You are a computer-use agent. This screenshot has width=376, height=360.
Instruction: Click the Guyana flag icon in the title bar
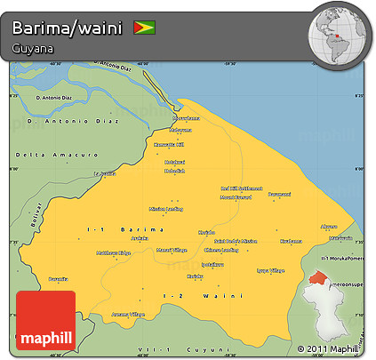(142, 27)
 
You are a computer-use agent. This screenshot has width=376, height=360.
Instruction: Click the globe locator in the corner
(340, 35)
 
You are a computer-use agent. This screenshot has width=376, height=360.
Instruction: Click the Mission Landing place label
(166, 209)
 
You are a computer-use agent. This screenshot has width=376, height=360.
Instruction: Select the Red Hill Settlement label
(241, 188)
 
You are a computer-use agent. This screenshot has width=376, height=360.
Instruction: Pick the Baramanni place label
(280, 193)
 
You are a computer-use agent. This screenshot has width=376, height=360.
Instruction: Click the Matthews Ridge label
(114, 253)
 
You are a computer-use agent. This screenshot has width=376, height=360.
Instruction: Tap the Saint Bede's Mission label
(236, 241)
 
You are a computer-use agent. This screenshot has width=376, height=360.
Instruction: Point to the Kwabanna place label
(291, 241)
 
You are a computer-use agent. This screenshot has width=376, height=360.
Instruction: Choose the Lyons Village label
(270, 269)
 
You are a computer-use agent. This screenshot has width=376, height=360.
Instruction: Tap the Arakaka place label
(139, 238)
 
